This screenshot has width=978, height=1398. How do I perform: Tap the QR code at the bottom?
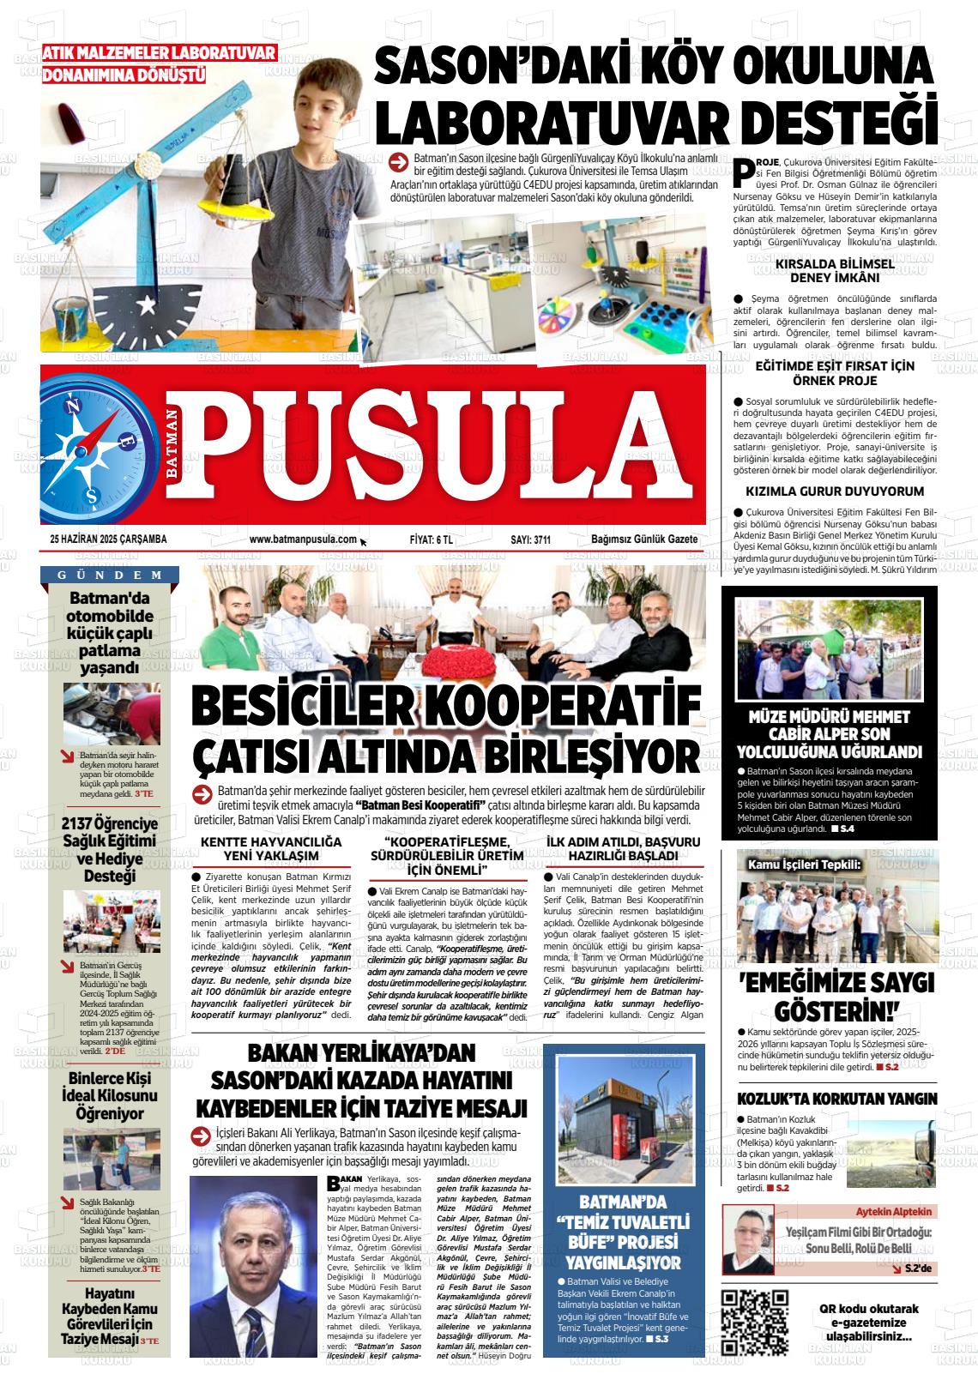pos(755,1322)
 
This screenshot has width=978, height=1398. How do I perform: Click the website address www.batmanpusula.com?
pos(303,539)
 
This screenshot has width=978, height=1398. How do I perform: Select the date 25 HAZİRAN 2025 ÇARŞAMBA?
pos(108,539)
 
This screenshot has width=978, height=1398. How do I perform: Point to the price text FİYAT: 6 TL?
pos(432,539)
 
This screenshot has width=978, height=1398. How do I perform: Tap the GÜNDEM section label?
pos(111,575)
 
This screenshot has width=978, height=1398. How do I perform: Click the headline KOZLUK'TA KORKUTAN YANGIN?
pos(837,1099)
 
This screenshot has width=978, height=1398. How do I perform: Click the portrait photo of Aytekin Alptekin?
pos(748,1240)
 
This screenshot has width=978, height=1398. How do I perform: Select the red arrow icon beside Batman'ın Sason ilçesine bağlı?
pos(397,160)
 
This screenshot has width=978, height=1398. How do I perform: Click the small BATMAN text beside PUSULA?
pos(172,444)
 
